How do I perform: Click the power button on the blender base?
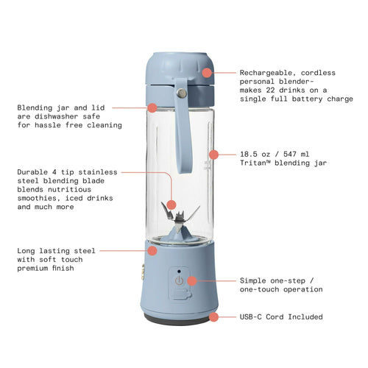pyautogui.click(x=179, y=280)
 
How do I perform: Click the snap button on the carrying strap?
pyautogui.click(x=179, y=93)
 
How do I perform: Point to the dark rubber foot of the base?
pyautogui.click(x=178, y=321)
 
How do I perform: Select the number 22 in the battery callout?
pyautogui.click(x=275, y=91)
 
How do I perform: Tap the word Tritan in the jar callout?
pyautogui.click(x=258, y=163)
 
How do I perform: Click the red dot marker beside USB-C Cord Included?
pyautogui.click(x=214, y=316)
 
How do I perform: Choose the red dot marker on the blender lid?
pyautogui.click(x=208, y=73)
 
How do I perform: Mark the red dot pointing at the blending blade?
pyautogui.click(x=171, y=204)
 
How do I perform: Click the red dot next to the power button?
pyautogui.click(x=191, y=280)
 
